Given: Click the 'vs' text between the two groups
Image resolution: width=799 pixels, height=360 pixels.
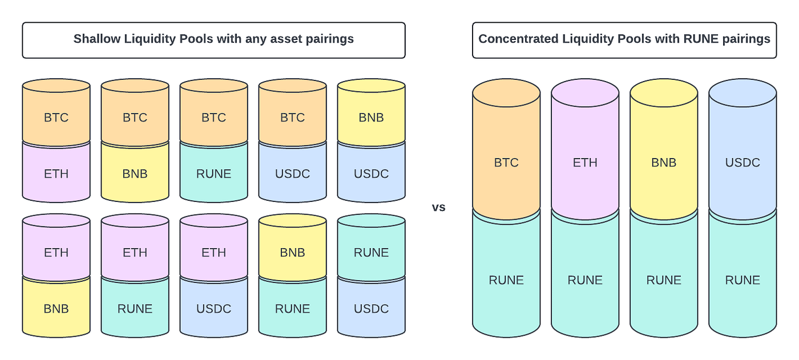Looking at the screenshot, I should click(x=438, y=208).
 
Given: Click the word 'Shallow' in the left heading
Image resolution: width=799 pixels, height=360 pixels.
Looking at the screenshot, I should click(x=96, y=39).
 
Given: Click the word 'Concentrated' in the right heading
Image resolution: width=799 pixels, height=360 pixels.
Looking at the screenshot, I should click(x=516, y=39).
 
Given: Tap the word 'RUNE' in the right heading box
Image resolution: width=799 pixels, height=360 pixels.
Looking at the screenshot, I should click(x=701, y=39).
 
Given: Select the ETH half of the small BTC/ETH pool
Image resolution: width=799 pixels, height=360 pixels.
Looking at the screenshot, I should click(x=56, y=174).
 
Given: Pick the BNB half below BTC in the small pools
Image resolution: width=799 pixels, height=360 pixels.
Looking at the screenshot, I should click(x=135, y=174).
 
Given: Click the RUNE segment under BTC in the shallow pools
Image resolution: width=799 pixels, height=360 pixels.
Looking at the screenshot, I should click(x=213, y=174).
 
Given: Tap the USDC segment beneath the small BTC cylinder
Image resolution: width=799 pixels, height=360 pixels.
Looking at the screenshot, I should click(x=292, y=174).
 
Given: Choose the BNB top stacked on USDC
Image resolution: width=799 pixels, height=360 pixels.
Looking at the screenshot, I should click(x=371, y=118).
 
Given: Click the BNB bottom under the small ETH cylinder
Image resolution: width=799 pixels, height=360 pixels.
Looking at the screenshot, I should click(x=56, y=309).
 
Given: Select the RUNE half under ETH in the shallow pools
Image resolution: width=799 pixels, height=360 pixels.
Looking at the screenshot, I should click(x=135, y=309).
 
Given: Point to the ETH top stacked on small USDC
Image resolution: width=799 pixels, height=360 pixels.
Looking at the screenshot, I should click(x=213, y=253).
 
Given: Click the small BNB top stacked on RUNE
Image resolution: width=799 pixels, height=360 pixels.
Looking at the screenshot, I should click(x=292, y=253).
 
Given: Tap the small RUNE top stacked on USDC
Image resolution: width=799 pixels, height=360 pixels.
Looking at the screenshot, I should click(x=371, y=253).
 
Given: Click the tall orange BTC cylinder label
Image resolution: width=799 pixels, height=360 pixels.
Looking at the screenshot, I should click(x=506, y=163).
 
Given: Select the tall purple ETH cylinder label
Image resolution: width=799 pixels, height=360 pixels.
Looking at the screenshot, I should click(x=585, y=163).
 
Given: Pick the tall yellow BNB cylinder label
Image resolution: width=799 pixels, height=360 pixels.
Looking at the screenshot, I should click(x=664, y=163).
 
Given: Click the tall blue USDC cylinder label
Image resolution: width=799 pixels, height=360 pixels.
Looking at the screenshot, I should click(x=742, y=163).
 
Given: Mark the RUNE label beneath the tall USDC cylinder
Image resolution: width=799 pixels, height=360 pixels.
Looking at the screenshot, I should click(x=742, y=280).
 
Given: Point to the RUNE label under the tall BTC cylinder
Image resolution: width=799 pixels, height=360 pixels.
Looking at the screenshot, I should click(x=506, y=280).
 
